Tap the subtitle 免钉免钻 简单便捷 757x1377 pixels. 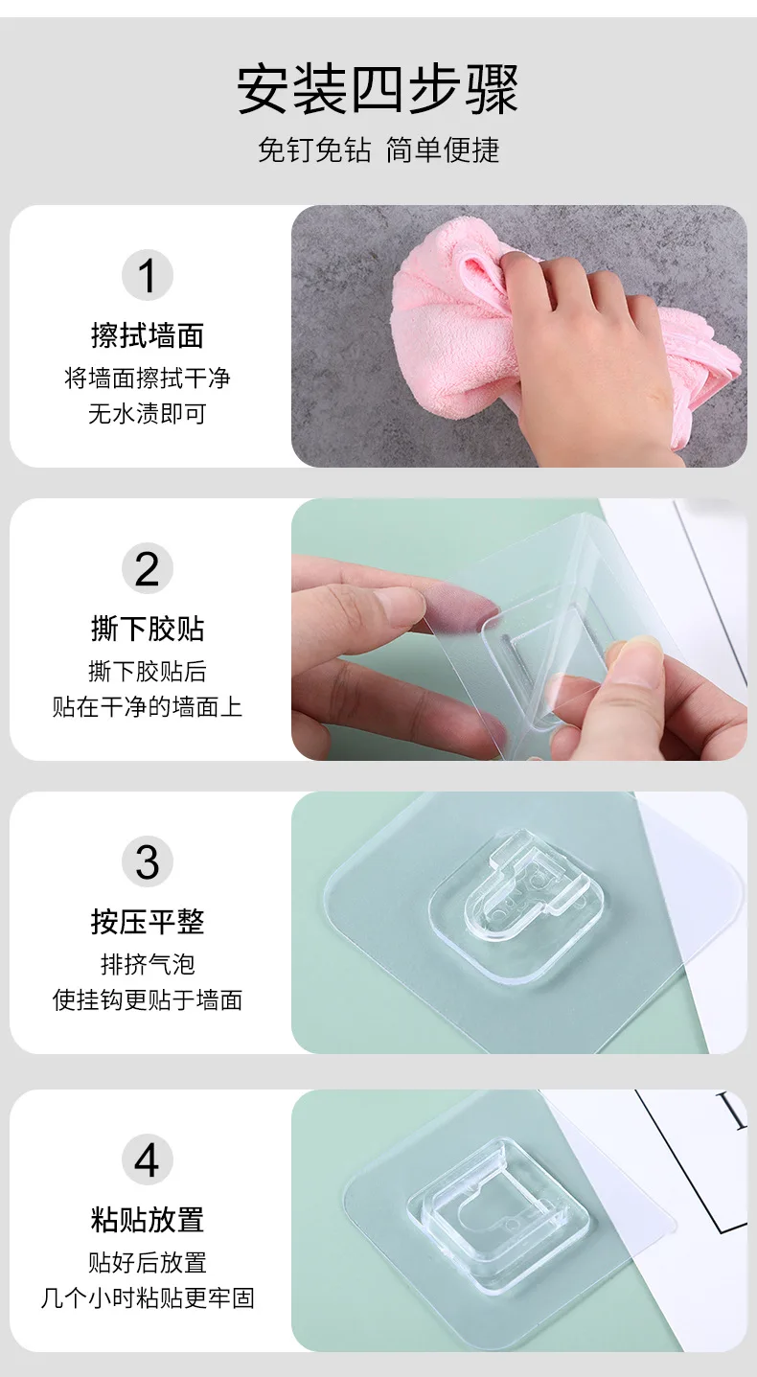(x=378, y=150)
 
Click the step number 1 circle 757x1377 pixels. (x=147, y=276)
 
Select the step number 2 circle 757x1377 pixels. (x=147, y=569)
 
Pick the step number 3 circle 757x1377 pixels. (x=147, y=861)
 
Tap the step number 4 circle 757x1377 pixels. (x=147, y=1160)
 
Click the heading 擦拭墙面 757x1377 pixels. (x=147, y=335)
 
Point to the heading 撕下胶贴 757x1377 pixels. (x=147, y=629)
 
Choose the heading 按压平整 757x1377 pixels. (x=147, y=922)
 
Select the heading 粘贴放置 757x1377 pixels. (x=147, y=1220)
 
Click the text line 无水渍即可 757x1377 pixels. (x=147, y=414)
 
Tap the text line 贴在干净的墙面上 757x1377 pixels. (x=147, y=707)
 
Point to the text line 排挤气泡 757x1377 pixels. (x=147, y=963)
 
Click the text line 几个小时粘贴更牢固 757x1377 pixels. (x=147, y=1298)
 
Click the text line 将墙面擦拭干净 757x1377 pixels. (x=147, y=378)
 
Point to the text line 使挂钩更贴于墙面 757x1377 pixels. (x=147, y=1000)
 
